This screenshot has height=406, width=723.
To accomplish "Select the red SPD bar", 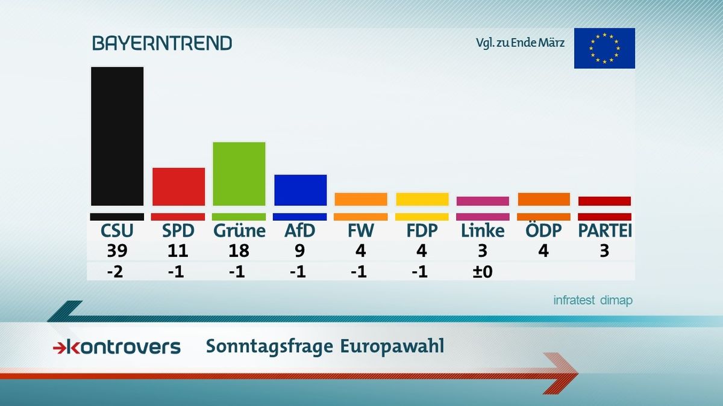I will tap(178, 186).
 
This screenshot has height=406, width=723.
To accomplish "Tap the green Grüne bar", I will tap(239, 174).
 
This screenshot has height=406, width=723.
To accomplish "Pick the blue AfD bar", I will tap(300, 190).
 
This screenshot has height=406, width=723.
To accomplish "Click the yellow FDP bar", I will tap(422, 199).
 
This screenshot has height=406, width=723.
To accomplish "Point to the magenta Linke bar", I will tap(483, 201).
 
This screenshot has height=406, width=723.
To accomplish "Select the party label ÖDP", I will tap(543, 231).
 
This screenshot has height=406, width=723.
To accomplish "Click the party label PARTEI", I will tap(604, 231).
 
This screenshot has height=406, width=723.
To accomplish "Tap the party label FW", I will tap(361, 231).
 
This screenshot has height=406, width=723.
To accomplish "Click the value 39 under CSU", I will tap(117, 251).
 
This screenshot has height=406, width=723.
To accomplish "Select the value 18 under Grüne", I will tap(239, 251).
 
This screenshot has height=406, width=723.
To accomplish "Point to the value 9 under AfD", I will tap(300, 251).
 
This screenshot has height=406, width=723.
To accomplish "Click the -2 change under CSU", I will tap(117, 271).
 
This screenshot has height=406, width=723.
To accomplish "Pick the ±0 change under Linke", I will tap(483, 271).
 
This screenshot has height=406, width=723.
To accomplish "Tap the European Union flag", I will tap(604, 48).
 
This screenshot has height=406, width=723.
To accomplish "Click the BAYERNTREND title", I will tap(161, 43).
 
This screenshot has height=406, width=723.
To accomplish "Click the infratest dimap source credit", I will tap(593, 301).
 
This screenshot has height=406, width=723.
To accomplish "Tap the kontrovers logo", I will tap(117, 346).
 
